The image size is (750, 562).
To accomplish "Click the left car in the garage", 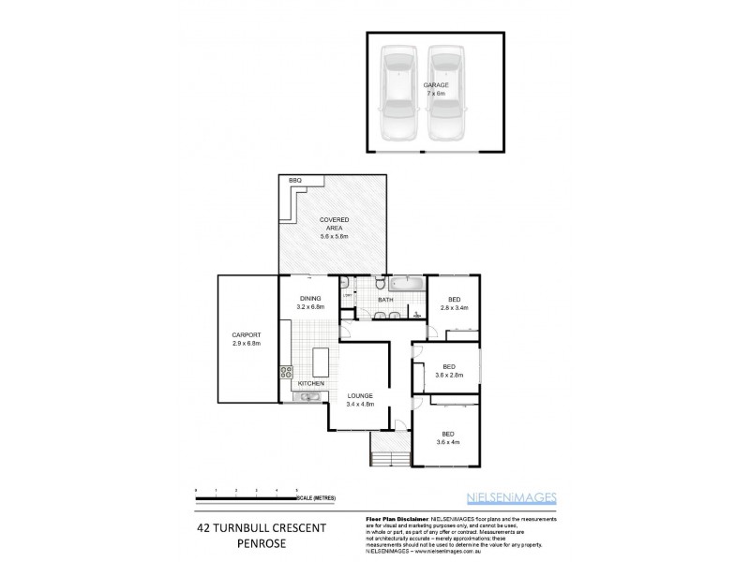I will [x=398, y=94].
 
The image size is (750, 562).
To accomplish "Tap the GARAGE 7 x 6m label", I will [x=435, y=89].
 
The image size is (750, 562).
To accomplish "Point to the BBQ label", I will [x=294, y=179].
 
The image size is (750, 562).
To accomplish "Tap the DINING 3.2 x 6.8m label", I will [x=309, y=303].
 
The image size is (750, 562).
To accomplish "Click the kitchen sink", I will [x=307, y=398].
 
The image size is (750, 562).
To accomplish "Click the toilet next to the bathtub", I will [x=377, y=283].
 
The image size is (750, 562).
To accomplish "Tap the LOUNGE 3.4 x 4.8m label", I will [x=361, y=400].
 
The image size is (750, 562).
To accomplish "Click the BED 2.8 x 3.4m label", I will [x=454, y=303].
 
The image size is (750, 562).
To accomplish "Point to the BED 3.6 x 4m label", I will [x=448, y=438].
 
